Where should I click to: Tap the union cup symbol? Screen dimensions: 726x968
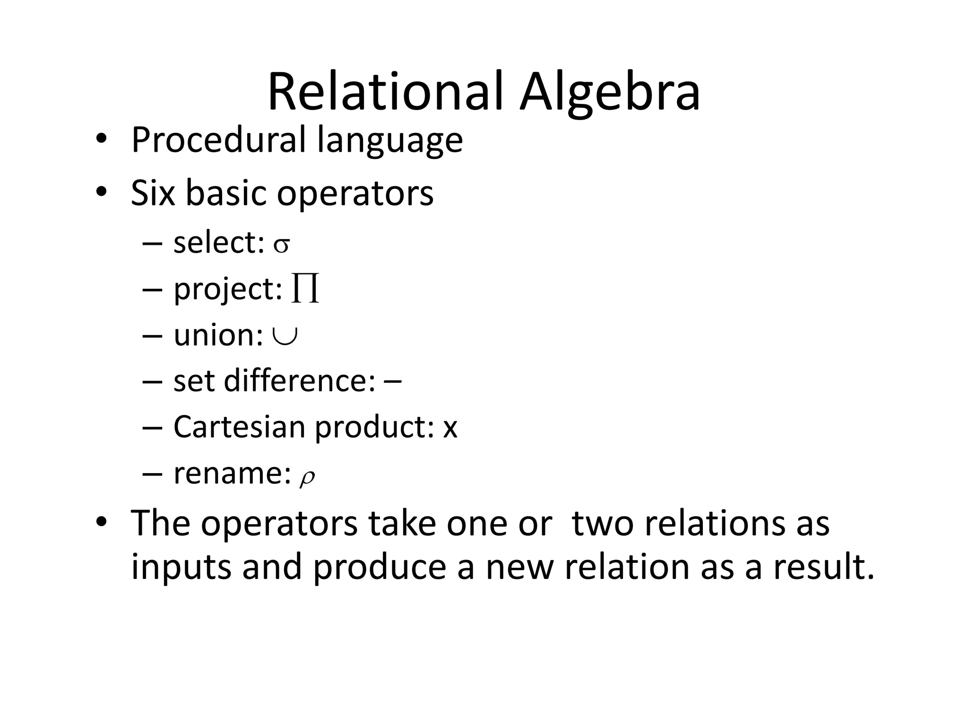point(285,336)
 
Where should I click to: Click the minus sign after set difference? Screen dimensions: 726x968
point(393,380)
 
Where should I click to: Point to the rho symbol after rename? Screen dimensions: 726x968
point(307,476)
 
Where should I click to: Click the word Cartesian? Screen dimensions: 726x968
point(240,427)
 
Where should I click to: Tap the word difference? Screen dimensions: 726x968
point(300,380)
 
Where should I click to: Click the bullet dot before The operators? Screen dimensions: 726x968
point(101,523)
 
